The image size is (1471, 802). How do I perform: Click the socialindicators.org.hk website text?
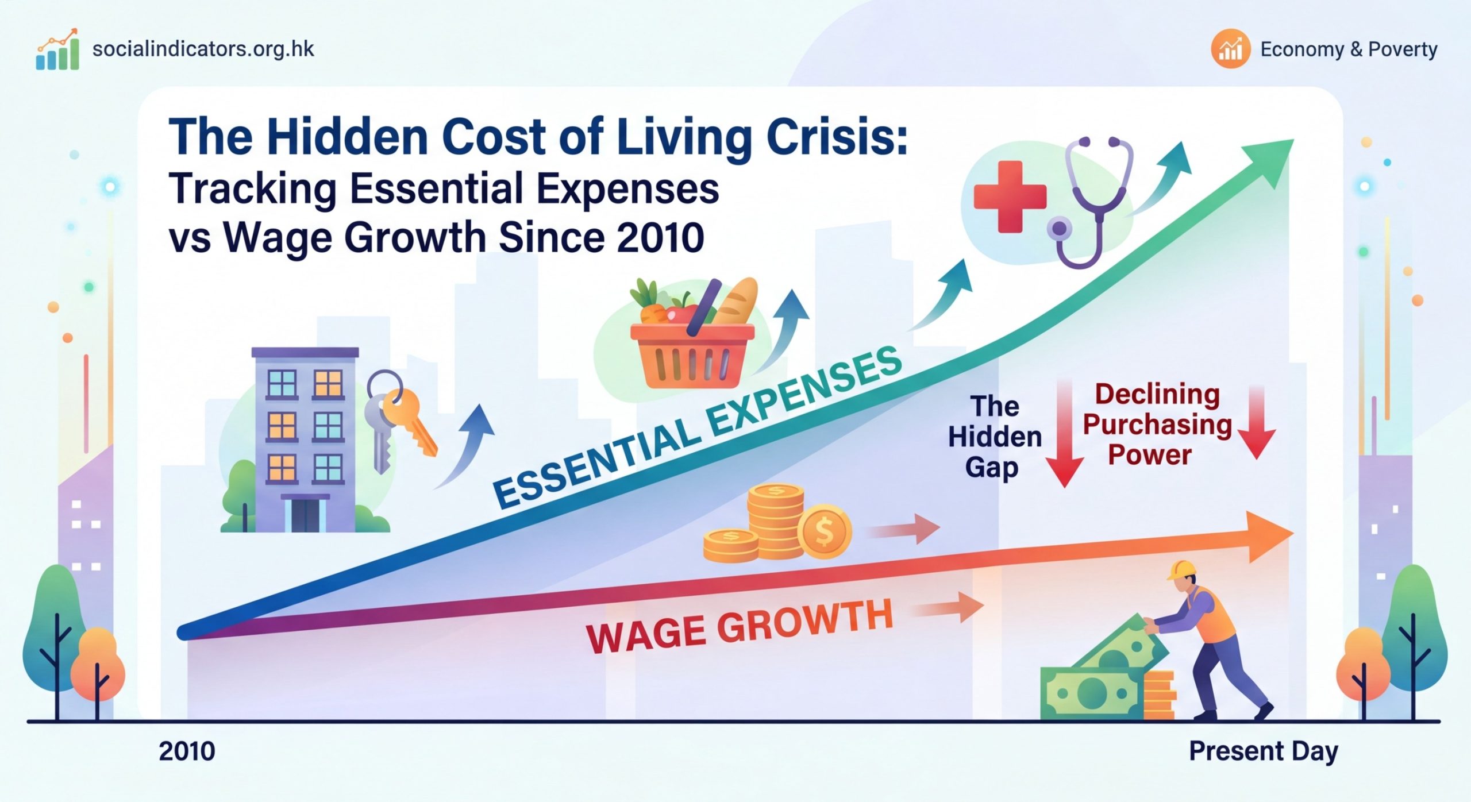(203, 49)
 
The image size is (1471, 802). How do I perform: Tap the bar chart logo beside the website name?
(57, 51)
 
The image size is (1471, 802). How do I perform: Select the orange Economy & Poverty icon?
(1230, 50)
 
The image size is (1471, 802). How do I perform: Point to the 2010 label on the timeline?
(187, 751)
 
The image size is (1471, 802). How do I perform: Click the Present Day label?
(1264, 751)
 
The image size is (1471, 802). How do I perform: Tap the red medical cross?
(1010, 196)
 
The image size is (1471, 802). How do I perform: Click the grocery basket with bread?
(692, 339)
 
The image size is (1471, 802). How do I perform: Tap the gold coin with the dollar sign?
(824, 531)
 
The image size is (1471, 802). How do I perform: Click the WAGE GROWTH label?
(739, 626)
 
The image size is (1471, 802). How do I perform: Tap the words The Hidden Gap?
(995, 437)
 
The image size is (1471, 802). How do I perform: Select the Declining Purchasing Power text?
(1156, 425)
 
